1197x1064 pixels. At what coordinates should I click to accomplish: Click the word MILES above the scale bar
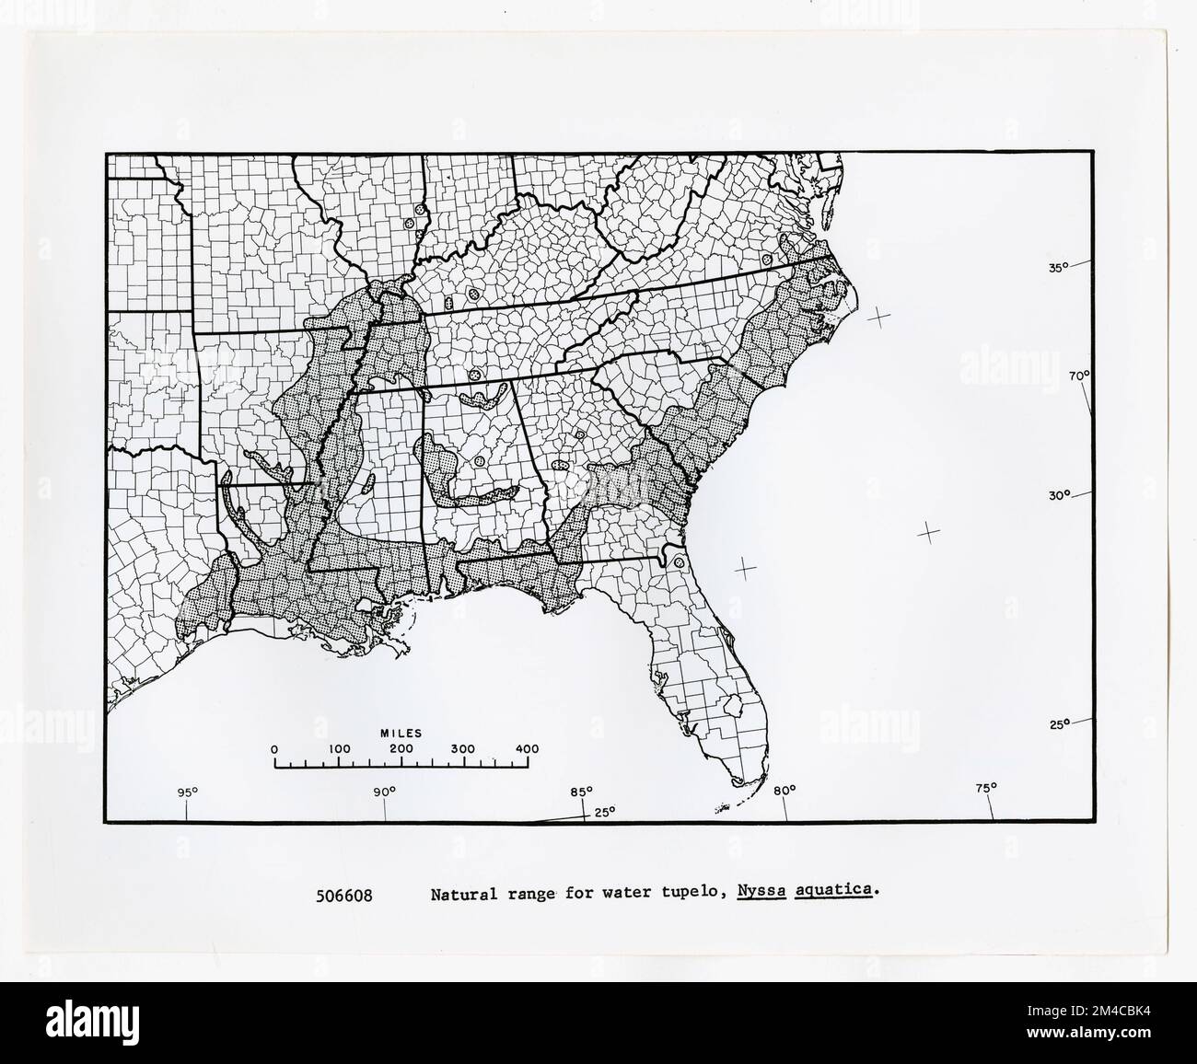(x=401, y=734)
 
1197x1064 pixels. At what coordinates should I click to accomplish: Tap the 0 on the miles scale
(x=274, y=749)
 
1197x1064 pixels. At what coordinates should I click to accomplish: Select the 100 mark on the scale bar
(x=339, y=749)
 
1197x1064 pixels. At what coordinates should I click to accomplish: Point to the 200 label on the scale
(x=401, y=749)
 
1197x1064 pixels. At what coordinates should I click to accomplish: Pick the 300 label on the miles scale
(x=465, y=749)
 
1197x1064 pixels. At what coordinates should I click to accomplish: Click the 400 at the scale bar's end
(x=528, y=749)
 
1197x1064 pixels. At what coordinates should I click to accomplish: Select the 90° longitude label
(x=384, y=792)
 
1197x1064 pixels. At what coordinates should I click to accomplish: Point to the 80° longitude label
(x=784, y=790)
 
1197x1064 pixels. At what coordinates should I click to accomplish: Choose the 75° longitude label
(x=986, y=788)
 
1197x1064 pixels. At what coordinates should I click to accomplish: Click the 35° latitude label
(x=1057, y=268)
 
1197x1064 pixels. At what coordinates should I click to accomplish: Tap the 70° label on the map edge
(x=1079, y=376)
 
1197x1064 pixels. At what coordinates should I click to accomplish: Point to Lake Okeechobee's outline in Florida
(x=734, y=707)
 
